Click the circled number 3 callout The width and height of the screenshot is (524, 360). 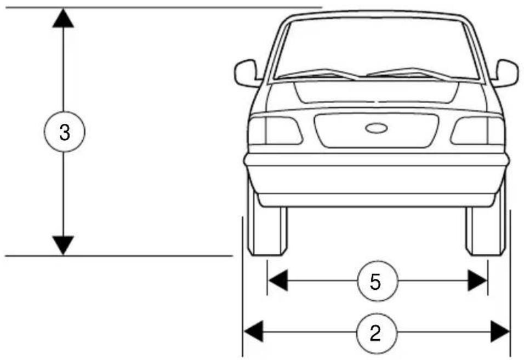coord(64,132)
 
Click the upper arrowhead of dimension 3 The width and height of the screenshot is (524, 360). coord(64,18)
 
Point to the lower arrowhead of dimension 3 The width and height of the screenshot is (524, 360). coord(64,245)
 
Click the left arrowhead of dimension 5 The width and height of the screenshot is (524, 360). coord(277,282)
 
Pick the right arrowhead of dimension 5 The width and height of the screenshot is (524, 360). coord(477,282)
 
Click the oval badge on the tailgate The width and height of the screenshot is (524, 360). coord(376,128)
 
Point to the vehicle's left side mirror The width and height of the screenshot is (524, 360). coord(247,73)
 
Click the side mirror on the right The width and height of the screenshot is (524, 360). coord(506,73)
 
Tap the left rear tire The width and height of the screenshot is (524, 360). coord(267,230)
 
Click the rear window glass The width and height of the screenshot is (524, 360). coord(376,47)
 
